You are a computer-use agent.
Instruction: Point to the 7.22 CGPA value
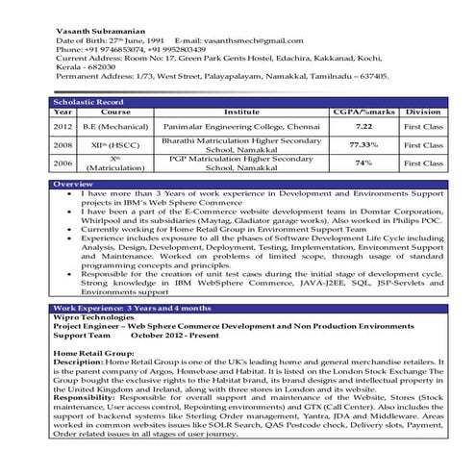[x=363, y=126]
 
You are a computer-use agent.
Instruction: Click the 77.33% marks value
[x=363, y=145]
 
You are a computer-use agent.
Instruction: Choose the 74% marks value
[x=363, y=163]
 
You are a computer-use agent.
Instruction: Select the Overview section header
[x=74, y=184]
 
